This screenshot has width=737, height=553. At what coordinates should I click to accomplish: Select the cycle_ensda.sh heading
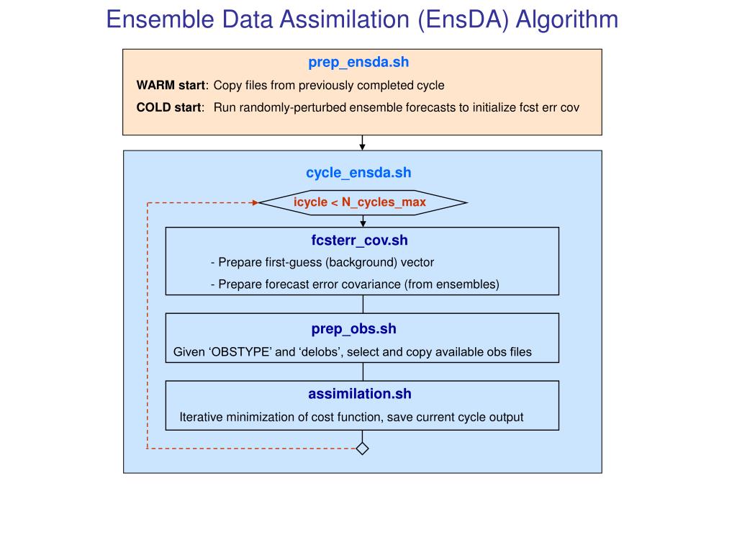358,173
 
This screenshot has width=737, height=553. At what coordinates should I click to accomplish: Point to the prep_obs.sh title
354,329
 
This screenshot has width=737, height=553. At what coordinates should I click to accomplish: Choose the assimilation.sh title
360,394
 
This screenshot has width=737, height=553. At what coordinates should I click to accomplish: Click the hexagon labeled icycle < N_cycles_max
363,202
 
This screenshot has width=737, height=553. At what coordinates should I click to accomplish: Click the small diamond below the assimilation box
363,449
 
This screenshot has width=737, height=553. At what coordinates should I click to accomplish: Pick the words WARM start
171,86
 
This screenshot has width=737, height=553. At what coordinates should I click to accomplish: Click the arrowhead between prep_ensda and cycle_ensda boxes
363,146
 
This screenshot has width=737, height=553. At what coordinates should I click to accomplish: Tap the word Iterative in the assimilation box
201,418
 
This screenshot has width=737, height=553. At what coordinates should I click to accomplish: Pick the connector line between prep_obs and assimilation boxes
363,372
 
